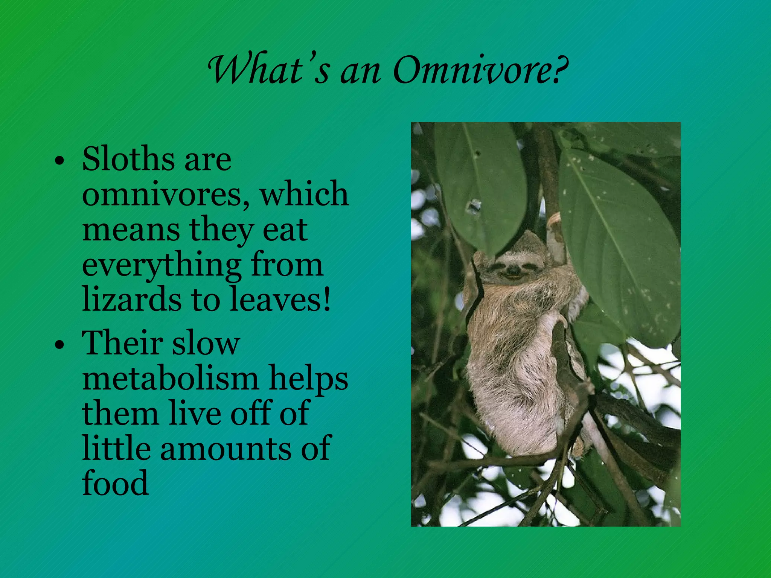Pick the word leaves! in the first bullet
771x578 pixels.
pos(280,300)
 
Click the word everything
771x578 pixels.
pos(162,266)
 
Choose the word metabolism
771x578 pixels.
pos(170,378)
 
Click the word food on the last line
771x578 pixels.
pos(115,483)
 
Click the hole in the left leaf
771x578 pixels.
pos(474,207)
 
